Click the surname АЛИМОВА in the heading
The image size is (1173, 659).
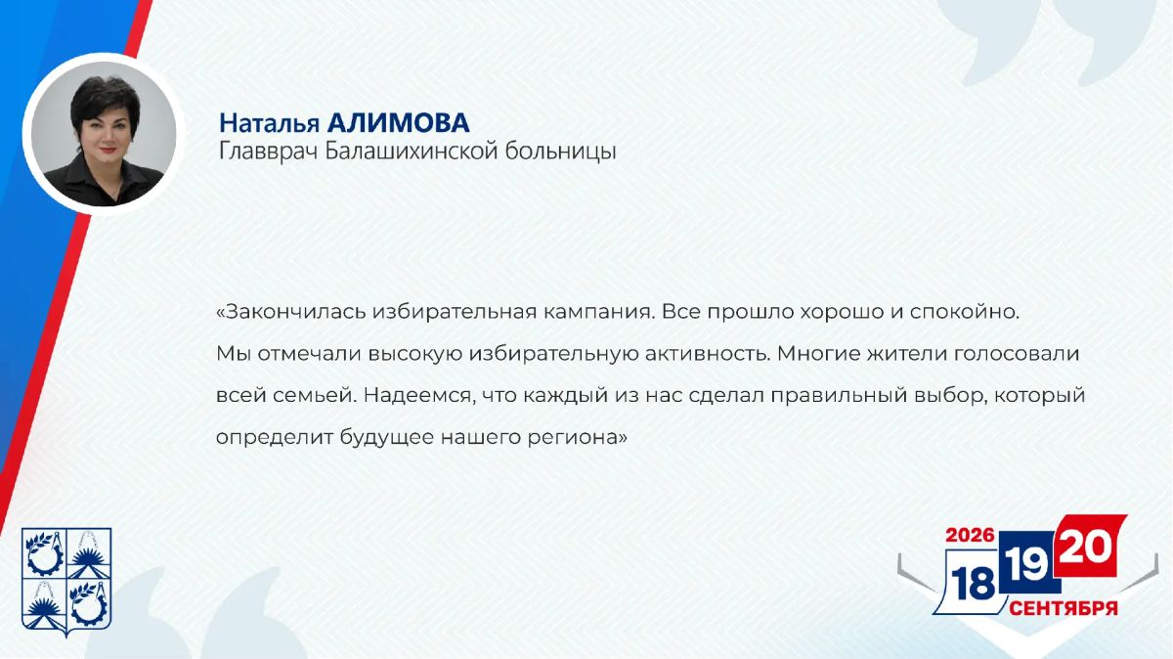[398, 123]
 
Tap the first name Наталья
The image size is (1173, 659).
[269, 123]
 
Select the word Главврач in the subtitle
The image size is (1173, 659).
[269, 152]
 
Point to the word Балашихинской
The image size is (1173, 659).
[412, 151]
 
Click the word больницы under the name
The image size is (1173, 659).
[560, 152]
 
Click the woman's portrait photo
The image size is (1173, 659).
[104, 134]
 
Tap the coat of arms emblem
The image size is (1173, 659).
[66, 582]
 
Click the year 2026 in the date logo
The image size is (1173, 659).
[970, 535]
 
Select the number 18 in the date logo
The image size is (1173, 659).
[973, 584]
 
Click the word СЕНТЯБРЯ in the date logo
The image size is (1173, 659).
[1064, 607]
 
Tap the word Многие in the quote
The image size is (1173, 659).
[819, 355]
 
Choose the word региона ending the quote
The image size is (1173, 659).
[577, 438]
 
